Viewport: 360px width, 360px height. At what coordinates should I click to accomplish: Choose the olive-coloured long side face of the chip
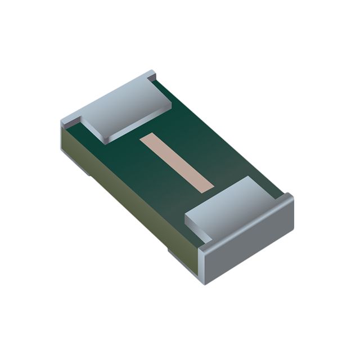click(129, 191)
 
